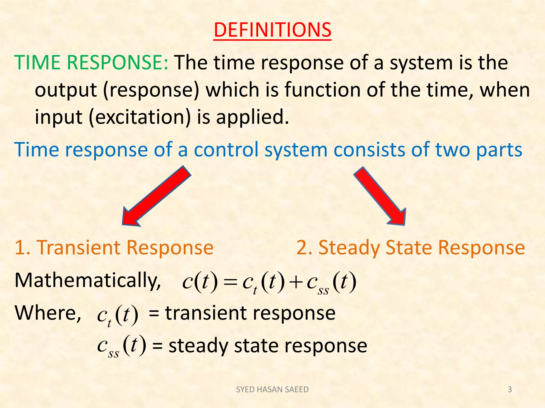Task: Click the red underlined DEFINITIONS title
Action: (272, 30)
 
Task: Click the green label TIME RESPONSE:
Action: (91, 63)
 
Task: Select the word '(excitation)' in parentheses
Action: (140, 117)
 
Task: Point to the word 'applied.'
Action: (252, 117)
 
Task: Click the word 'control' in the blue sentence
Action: (226, 150)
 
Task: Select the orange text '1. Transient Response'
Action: (114, 248)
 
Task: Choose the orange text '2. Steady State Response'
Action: (410, 248)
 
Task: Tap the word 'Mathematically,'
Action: (88, 280)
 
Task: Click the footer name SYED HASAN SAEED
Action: (272, 389)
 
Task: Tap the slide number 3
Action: (510, 389)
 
